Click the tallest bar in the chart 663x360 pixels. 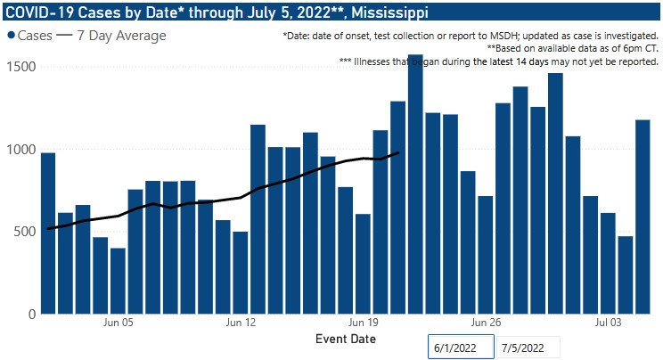point(415,196)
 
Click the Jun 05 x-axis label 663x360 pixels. point(119,323)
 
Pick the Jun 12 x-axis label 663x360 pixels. point(241,323)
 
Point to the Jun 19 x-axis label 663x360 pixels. point(364,323)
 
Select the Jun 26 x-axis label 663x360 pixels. point(486,323)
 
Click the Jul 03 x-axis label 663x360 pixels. point(609,323)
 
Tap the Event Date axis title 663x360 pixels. point(345,340)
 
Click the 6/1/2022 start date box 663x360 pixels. point(459,347)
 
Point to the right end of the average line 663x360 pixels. point(397,152)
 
